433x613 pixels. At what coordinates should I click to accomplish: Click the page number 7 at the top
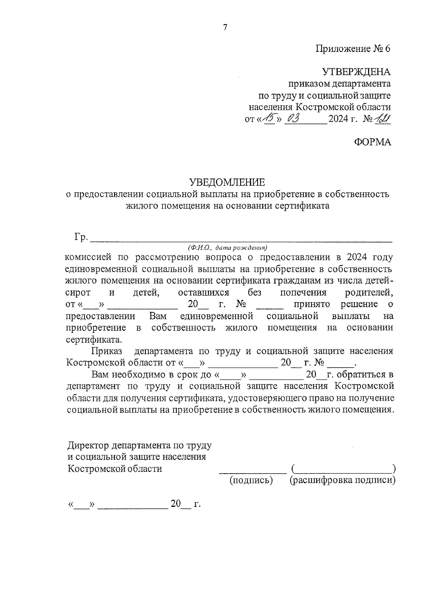tap(225, 27)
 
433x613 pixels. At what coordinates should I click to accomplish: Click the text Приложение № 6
tap(353, 49)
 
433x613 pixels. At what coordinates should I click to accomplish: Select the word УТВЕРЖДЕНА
tap(356, 72)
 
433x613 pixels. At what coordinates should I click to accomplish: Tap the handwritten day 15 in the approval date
tap(269, 118)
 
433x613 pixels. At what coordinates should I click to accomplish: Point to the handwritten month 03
tap(293, 118)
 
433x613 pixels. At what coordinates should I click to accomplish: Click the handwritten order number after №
tap(383, 118)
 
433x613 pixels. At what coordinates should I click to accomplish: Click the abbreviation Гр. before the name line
tap(81, 237)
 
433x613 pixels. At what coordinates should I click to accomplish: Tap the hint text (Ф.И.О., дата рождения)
tap(227, 248)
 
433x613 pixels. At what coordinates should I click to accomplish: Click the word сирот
tap(78, 292)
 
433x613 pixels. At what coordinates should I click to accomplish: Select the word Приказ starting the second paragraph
tap(107, 351)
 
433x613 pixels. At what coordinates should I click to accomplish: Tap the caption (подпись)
tap(251, 480)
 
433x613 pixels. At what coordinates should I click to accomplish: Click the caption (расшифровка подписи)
tap(342, 480)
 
